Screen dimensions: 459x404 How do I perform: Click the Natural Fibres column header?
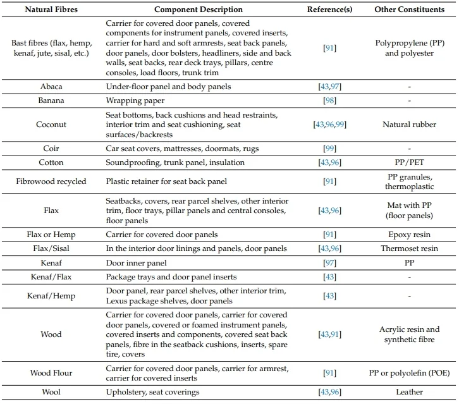[x=51, y=9]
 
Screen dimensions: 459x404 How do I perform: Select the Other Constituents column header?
[x=409, y=9]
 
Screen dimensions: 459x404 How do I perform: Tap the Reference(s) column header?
[x=329, y=9]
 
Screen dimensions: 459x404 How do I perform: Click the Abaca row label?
[x=51, y=87]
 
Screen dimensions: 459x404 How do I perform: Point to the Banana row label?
[x=51, y=101]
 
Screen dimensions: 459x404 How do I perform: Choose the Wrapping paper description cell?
[x=135, y=101]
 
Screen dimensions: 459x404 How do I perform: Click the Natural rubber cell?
[x=409, y=125]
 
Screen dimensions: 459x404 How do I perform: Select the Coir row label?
[x=51, y=149]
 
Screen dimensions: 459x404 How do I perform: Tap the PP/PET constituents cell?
[x=409, y=162]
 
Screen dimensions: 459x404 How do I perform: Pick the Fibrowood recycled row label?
[x=51, y=181]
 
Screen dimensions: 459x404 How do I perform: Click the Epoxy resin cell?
[x=409, y=235]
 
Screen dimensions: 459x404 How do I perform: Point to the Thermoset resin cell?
[x=409, y=248]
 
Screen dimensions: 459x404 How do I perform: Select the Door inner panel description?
[x=136, y=263]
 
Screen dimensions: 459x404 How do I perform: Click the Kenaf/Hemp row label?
[x=51, y=296]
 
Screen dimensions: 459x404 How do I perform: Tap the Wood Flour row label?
[x=51, y=373]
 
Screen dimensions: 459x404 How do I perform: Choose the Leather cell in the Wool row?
[x=409, y=392]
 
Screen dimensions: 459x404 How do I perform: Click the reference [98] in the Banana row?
[x=329, y=101]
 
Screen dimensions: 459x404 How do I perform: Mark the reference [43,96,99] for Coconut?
[x=329, y=125]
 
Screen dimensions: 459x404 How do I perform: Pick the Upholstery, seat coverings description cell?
[x=152, y=392]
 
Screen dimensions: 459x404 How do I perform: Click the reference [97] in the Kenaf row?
[x=329, y=263]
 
